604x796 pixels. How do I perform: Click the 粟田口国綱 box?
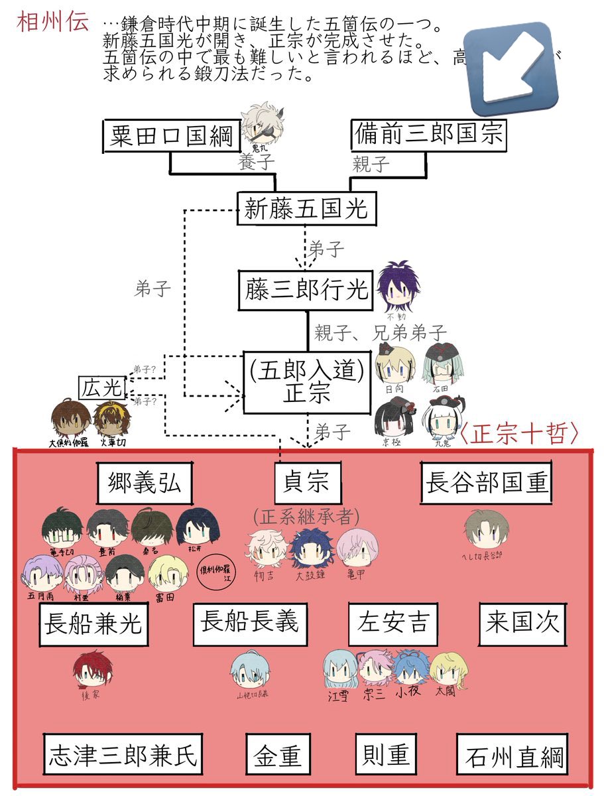point(170,136)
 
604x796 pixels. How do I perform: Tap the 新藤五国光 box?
point(306,210)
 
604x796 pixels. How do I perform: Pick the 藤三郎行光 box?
point(306,290)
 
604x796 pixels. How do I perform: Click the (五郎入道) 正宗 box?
point(306,381)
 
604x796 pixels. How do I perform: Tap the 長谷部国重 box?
point(487,482)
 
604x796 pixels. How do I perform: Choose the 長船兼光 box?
point(93,624)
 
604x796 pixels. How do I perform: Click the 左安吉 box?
point(393,624)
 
